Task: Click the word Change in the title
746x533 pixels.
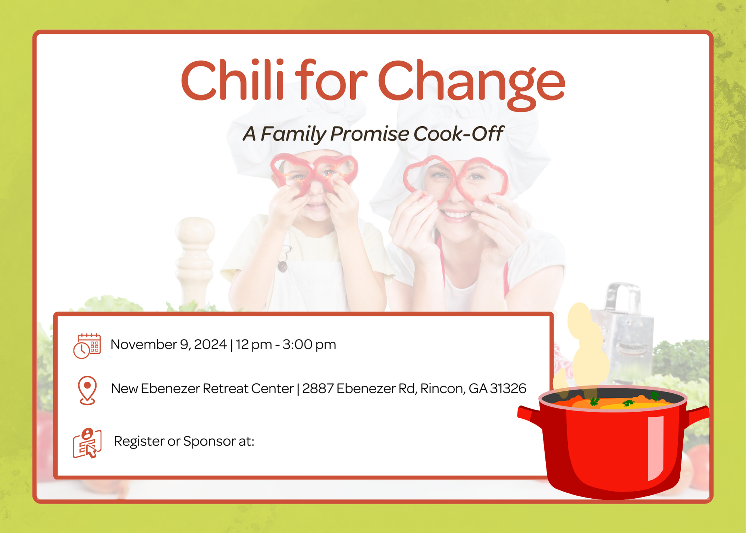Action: tap(471, 85)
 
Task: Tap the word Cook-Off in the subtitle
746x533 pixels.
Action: tap(458, 133)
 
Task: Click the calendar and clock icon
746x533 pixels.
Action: tap(87, 346)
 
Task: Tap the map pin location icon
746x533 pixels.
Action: tap(87, 390)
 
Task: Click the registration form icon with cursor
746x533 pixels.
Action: tap(87, 443)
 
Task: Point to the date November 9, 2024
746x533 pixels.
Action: tap(169, 344)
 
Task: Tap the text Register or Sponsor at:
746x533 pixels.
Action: tap(184, 441)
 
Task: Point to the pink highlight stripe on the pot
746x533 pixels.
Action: tap(655, 448)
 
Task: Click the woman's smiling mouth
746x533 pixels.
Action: tap(456, 215)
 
